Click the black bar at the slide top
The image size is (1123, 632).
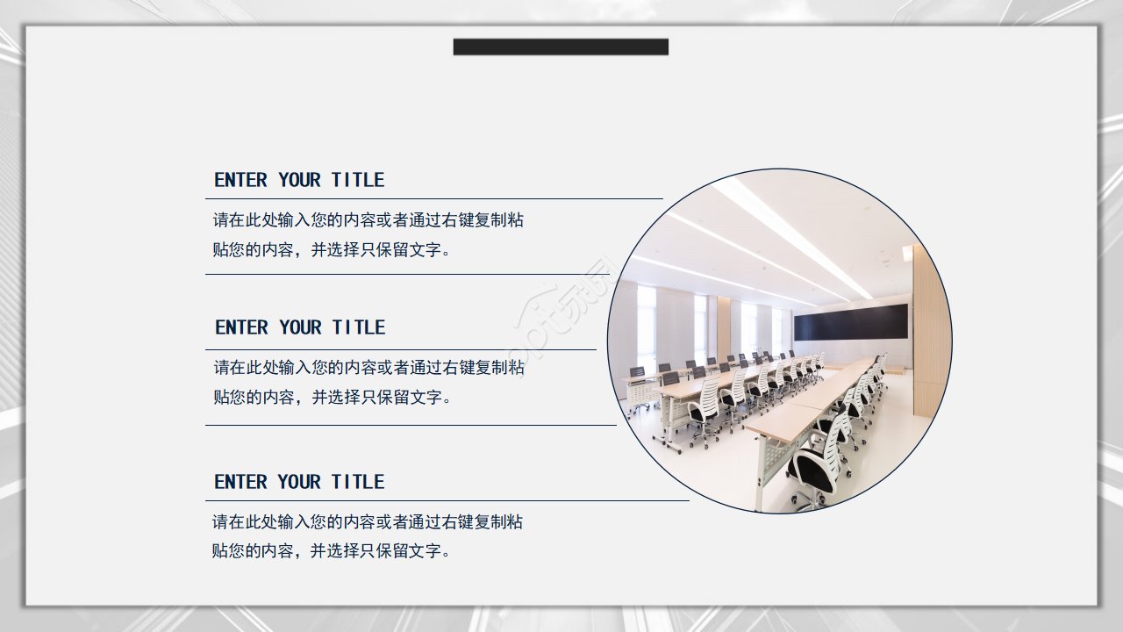tap(561, 47)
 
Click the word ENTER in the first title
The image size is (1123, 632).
tap(240, 180)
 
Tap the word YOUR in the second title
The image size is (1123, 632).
tap(300, 327)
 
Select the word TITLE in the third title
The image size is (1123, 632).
tap(358, 482)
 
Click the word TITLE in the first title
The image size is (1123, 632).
tap(358, 180)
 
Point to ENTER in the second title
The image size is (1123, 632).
tap(241, 327)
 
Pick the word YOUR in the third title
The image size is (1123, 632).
tap(299, 482)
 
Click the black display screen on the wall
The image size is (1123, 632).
tap(851, 322)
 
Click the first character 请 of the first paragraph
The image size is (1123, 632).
tap(221, 220)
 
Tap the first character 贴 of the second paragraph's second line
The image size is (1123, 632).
tap(222, 398)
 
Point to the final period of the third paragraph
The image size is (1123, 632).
tap(447, 554)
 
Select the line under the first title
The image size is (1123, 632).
tap(434, 198)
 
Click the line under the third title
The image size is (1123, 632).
tap(447, 500)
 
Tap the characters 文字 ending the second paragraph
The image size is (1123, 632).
tap(426, 398)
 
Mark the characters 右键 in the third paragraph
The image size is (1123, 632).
tap(458, 522)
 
